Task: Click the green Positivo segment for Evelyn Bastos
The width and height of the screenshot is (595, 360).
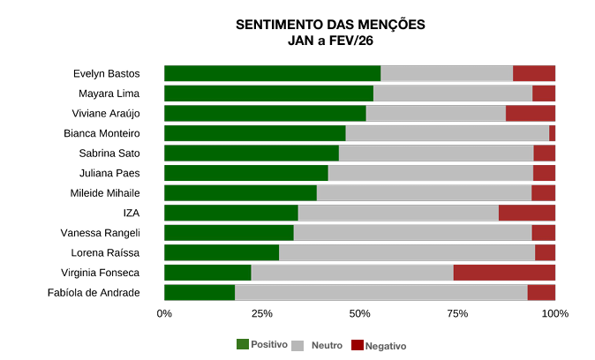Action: tap(272, 73)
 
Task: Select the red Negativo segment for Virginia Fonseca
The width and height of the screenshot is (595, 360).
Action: tap(504, 273)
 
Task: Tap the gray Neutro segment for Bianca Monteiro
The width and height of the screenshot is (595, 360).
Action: tap(447, 133)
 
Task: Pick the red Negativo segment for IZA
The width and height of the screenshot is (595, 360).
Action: tap(526, 213)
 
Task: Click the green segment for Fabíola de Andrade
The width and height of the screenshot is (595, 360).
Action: tap(200, 293)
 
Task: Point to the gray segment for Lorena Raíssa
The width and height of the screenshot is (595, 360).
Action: tap(406, 253)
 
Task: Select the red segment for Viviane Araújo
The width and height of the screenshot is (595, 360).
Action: tap(530, 113)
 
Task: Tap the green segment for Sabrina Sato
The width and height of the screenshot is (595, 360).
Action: tap(252, 153)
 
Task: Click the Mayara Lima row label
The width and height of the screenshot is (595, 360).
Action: tap(109, 94)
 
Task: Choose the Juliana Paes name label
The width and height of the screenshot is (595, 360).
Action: tap(109, 173)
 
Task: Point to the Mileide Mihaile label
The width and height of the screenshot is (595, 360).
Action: tap(105, 193)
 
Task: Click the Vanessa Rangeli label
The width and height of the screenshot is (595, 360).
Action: tap(100, 233)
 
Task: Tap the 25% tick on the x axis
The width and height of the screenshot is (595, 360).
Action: tap(261, 313)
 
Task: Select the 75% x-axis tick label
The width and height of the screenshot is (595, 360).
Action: tap(456, 313)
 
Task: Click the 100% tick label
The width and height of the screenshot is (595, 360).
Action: tap(554, 313)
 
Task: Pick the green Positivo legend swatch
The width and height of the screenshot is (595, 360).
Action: tap(243, 344)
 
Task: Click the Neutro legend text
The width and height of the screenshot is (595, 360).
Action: tap(327, 345)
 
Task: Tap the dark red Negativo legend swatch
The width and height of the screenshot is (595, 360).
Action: tap(358, 344)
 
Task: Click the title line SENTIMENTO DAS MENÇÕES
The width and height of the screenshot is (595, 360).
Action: tap(330, 25)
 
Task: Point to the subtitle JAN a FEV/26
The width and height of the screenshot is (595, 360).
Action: tap(330, 41)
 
